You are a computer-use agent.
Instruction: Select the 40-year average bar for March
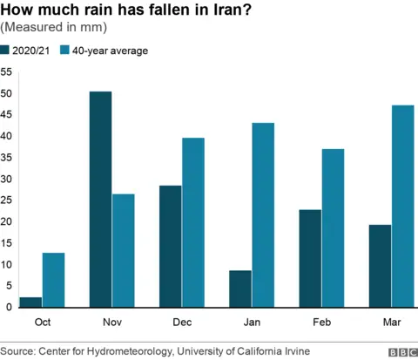(402, 206)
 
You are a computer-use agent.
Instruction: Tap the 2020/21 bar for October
(30, 302)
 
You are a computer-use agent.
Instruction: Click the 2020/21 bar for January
(239, 289)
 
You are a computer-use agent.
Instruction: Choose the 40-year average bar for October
(54, 280)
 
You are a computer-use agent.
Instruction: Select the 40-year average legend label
(110, 51)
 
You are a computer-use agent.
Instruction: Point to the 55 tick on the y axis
(6, 72)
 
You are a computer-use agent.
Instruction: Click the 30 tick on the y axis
(6, 179)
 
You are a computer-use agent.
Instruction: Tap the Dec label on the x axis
(182, 323)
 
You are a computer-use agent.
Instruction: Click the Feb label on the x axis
(321, 323)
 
